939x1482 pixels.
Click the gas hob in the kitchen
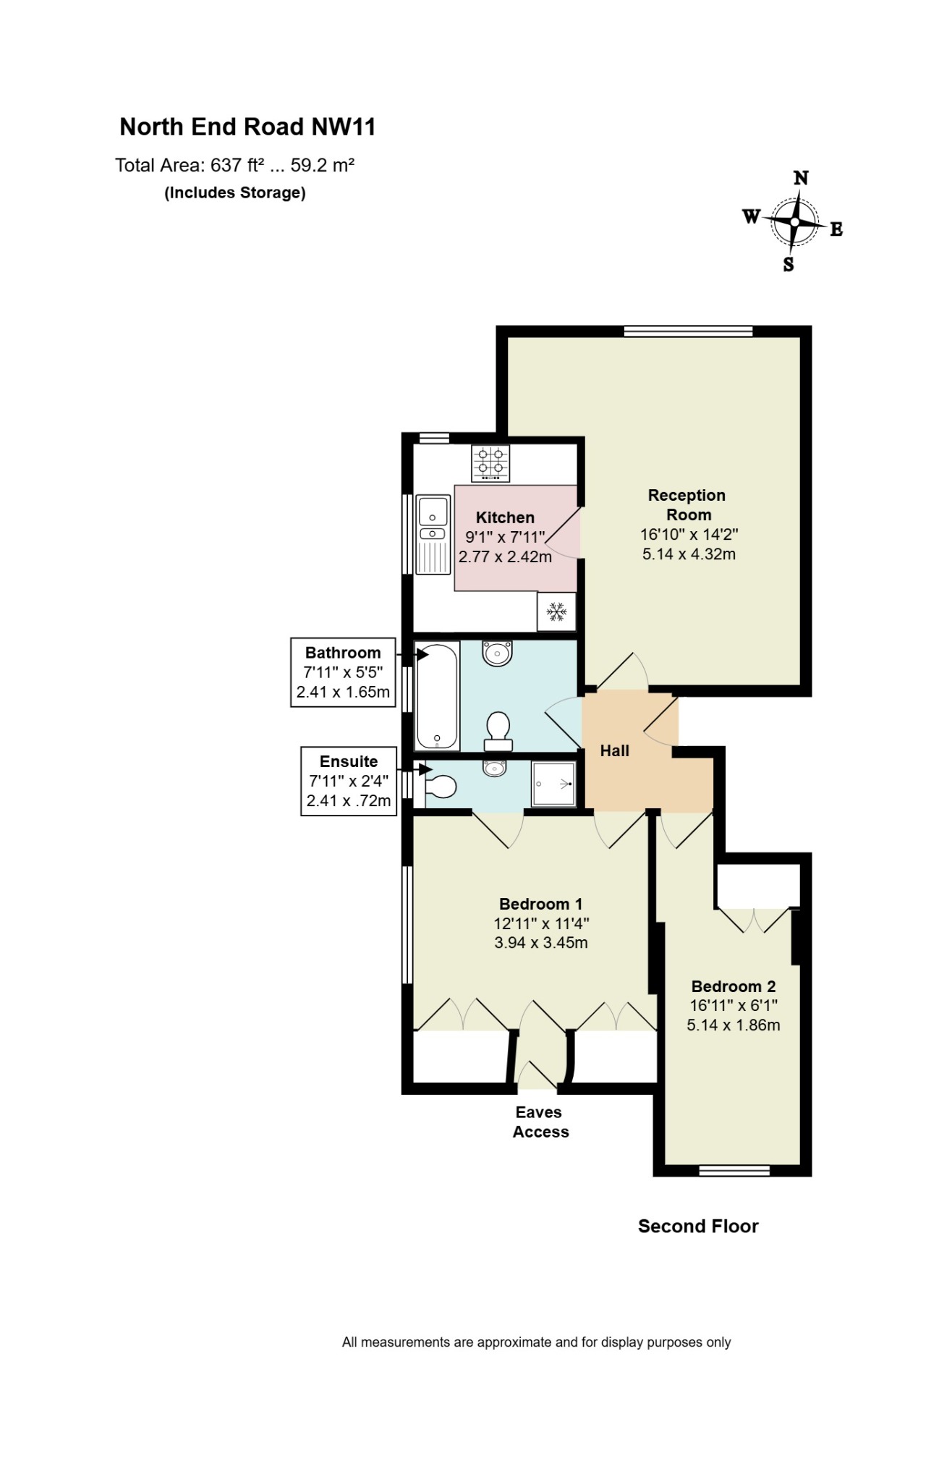[490, 463]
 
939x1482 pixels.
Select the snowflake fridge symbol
[556, 611]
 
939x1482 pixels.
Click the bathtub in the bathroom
[437, 696]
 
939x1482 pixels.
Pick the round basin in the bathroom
[497, 653]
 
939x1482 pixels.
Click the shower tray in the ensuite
[553, 784]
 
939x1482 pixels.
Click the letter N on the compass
[801, 178]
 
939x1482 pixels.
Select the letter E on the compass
[836, 229]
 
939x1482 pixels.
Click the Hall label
[615, 751]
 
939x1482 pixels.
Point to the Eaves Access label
[540, 1122]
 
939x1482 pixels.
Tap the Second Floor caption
[698, 1226]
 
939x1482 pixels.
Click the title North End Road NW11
[247, 127]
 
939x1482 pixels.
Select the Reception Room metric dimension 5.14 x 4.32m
[689, 554]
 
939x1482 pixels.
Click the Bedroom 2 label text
[734, 986]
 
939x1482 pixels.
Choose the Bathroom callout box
[344, 672]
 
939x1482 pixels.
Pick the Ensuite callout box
[349, 782]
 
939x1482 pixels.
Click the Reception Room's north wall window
[688, 331]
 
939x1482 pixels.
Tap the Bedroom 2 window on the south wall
[734, 1170]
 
